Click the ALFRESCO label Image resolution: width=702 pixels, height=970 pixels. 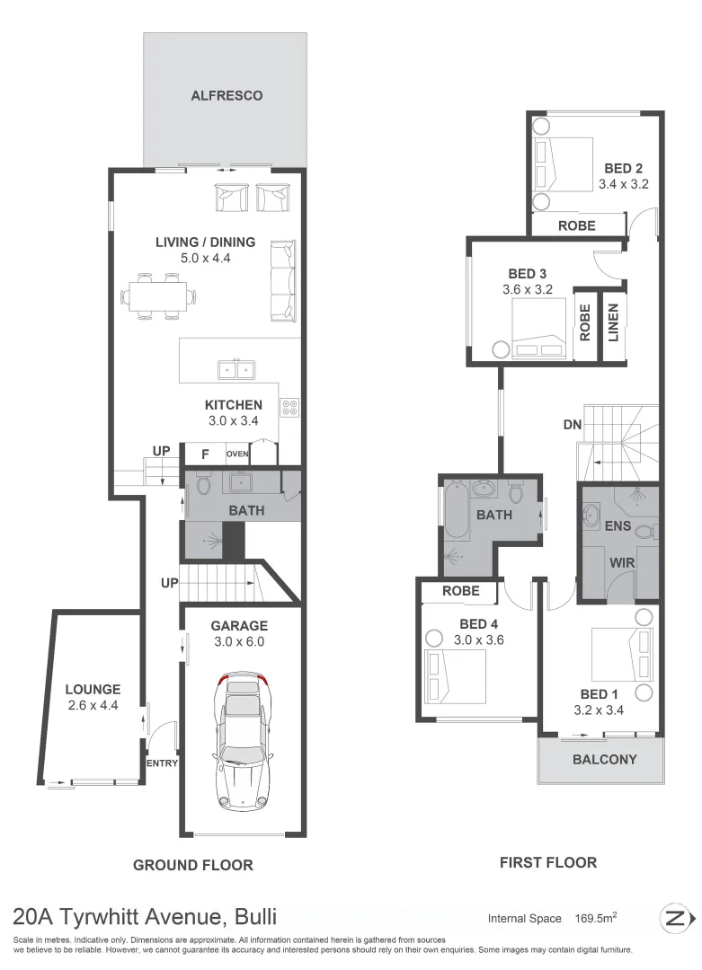click(x=227, y=95)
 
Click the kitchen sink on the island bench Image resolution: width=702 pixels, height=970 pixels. click(x=237, y=368)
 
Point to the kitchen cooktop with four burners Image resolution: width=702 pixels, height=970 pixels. click(x=290, y=409)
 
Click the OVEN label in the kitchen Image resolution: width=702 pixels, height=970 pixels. click(x=237, y=454)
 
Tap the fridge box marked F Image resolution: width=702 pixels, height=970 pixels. click(x=205, y=454)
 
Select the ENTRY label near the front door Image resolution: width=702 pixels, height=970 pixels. click(x=162, y=763)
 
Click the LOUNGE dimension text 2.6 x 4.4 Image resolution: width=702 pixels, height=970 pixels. click(x=93, y=706)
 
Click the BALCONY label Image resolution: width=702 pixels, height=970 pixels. click(x=604, y=759)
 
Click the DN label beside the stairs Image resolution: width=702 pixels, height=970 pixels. click(x=572, y=424)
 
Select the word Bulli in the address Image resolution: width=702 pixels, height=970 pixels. click(x=255, y=917)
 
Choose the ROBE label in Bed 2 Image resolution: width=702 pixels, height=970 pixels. click(x=577, y=225)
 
